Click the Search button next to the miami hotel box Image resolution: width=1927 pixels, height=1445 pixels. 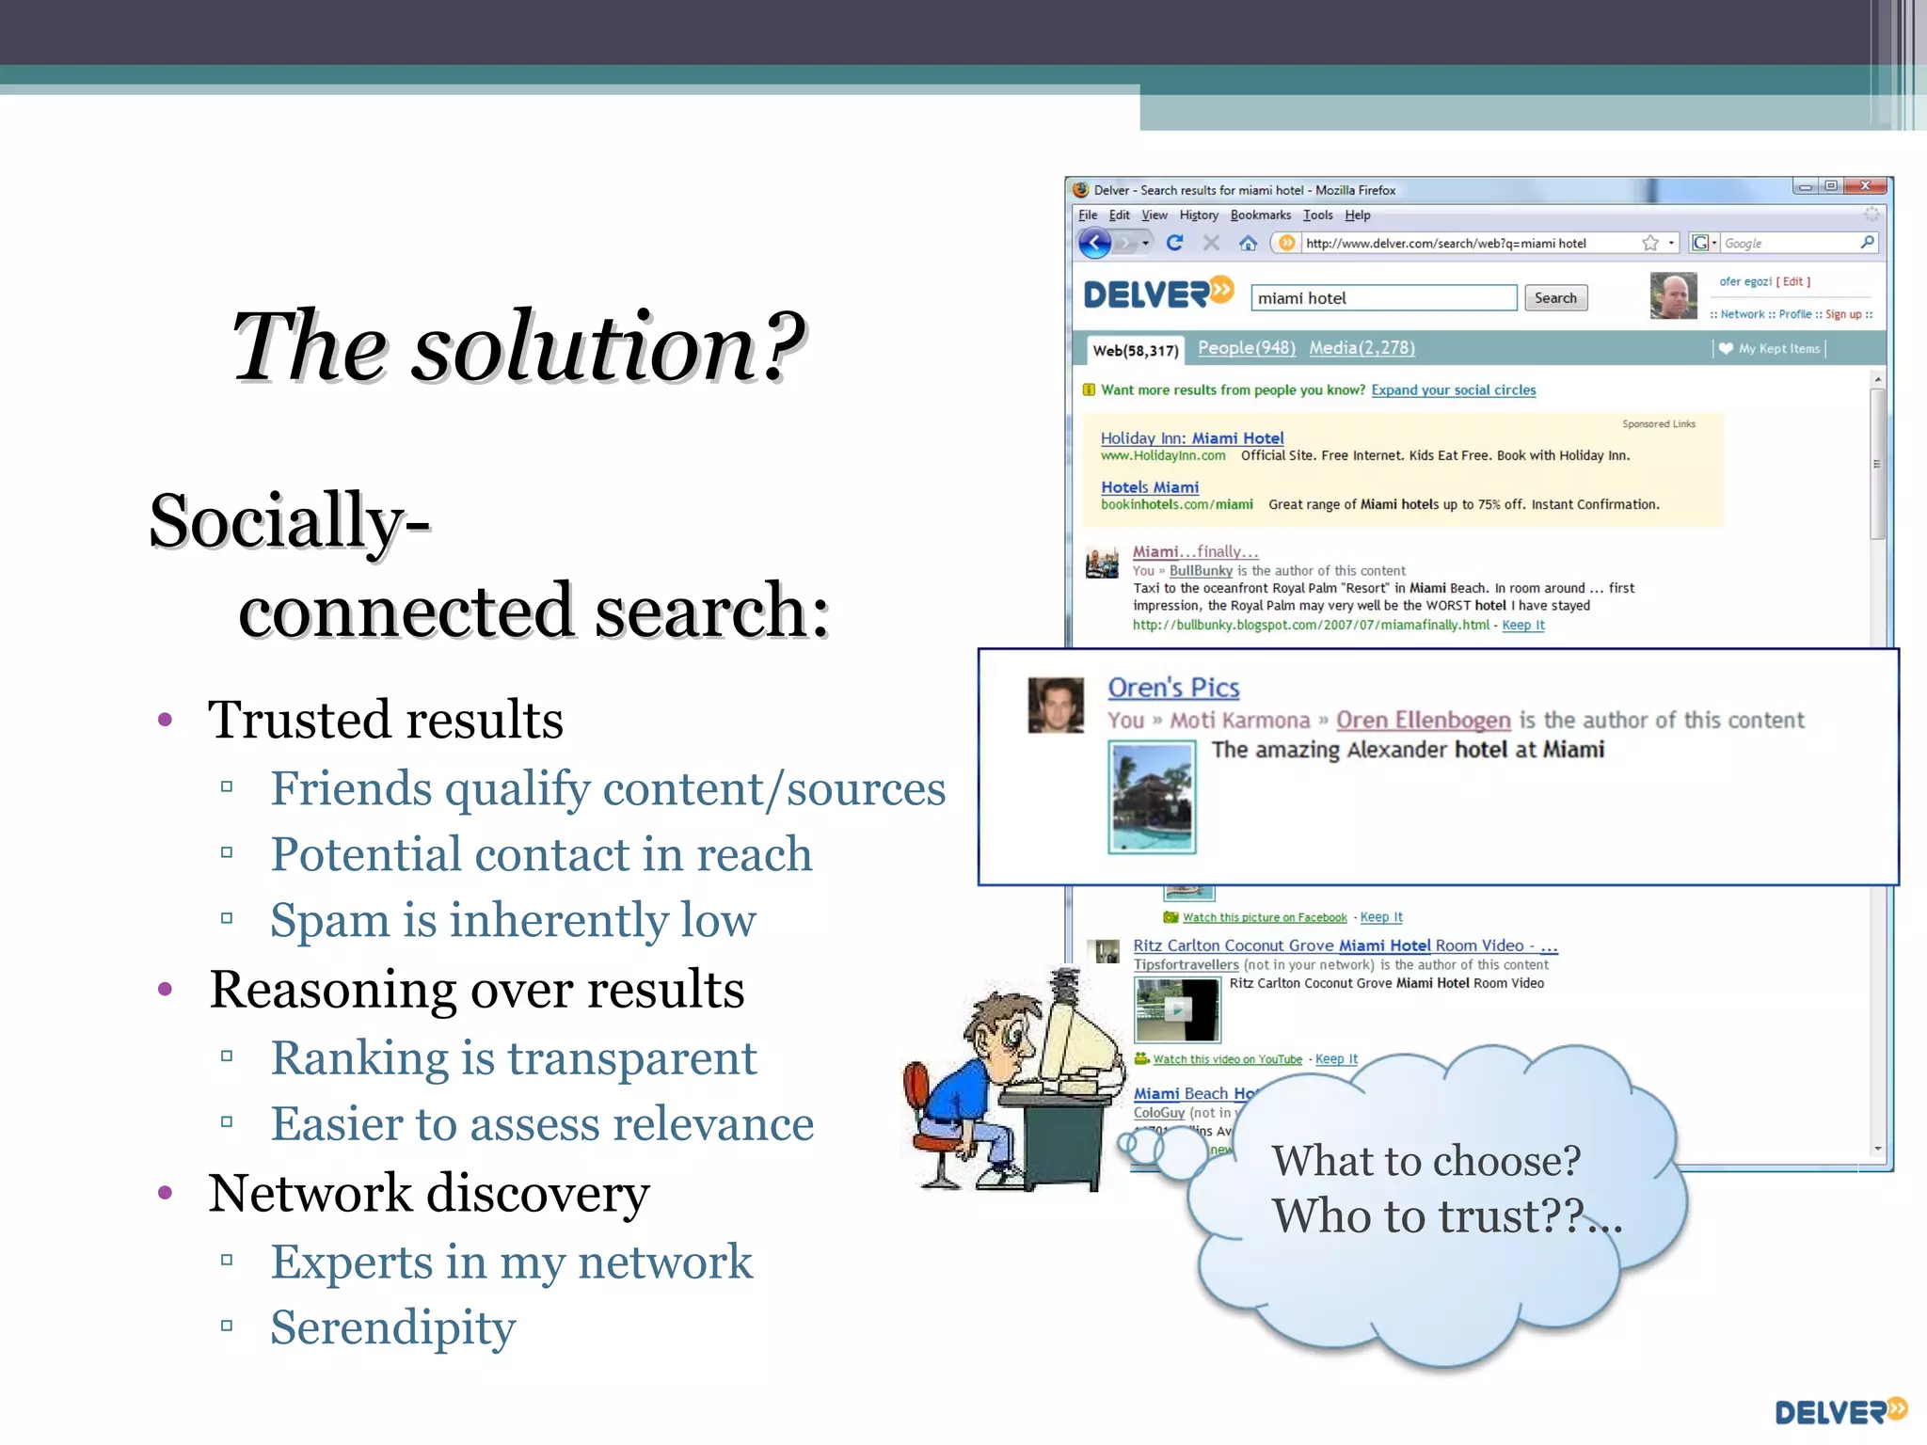pyautogui.click(x=1554, y=298)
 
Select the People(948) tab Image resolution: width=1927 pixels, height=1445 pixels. pyautogui.click(x=1246, y=348)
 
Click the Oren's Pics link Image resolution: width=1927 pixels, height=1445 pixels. pyautogui.click(x=1173, y=688)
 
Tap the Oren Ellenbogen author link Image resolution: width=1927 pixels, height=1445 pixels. pyautogui.click(x=1423, y=721)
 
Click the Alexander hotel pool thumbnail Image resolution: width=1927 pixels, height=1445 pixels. pyautogui.click(x=1152, y=798)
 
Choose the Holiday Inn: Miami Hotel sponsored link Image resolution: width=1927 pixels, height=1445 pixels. pyautogui.click(x=1191, y=438)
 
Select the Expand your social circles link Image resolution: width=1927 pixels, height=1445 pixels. pyautogui.click(x=1453, y=390)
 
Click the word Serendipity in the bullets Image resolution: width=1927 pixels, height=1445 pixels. pyautogui.click(x=393, y=1327)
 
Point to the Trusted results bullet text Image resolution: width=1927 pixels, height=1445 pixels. pyautogui.click(x=385, y=721)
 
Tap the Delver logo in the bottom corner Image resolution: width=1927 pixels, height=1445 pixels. pyautogui.click(x=1839, y=1411)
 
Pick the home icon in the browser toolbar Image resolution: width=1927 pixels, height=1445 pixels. pyautogui.click(x=1248, y=244)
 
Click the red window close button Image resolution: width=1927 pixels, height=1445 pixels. pyautogui.click(x=1865, y=186)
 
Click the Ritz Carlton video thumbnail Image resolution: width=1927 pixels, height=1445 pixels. pyautogui.click(x=1177, y=1009)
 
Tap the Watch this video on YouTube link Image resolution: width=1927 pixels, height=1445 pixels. pyautogui.click(x=1227, y=1059)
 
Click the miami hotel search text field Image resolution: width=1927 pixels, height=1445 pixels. pyautogui.click(x=1382, y=298)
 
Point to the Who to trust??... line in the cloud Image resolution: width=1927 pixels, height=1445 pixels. pyautogui.click(x=1446, y=1216)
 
